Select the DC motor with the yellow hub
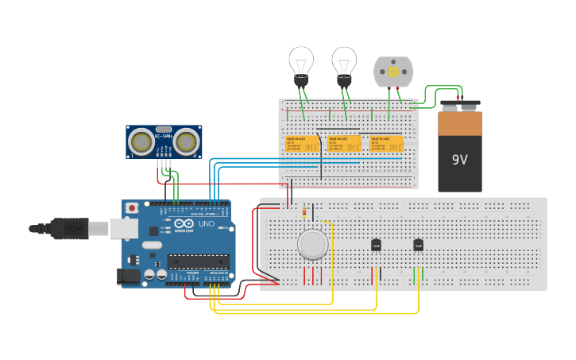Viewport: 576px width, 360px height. point(393,72)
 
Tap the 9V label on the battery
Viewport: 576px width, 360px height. point(460,160)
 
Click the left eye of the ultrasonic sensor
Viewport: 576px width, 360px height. point(142,142)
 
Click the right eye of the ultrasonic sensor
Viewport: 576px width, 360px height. point(186,142)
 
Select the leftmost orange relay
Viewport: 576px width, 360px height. point(303,144)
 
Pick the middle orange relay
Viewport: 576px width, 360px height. point(345,144)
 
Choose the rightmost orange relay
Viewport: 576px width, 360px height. point(387,144)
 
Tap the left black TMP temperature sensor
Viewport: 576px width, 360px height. point(377,245)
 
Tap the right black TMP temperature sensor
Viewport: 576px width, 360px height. point(418,245)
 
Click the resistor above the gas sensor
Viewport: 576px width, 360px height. point(305,212)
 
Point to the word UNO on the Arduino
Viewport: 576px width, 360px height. point(205,225)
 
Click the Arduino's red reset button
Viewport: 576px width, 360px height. point(131,208)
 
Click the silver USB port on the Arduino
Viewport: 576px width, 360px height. point(123,228)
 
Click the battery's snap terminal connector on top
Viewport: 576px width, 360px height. point(460,105)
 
